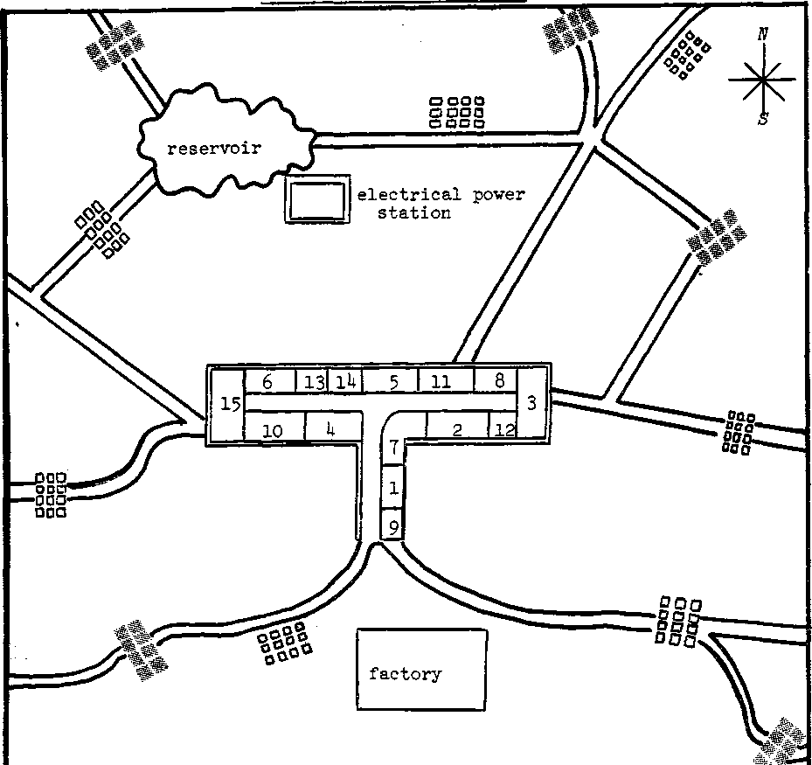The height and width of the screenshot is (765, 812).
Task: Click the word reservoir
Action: pyautogui.click(x=214, y=147)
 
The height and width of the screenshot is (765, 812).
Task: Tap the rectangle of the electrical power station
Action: pyautogui.click(x=316, y=201)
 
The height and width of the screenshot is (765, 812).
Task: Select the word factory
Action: pyautogui.click(x=405, y=673)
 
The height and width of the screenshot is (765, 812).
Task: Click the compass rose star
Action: pyautogui.click(x=763, y=79)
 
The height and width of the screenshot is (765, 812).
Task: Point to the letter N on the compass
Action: pyautogui.click(x=763, y=35)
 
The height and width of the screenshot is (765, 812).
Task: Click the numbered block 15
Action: pyautogui.click(x=228, y=405)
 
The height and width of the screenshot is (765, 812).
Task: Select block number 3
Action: pyautogui.click(x=531, y=403)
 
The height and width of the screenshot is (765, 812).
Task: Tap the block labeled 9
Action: pyautogui.click(x=393, y=526)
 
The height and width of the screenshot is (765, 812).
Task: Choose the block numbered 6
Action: pyautogui.click(x=267, y=381)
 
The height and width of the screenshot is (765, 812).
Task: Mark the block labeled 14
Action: pyautogui.click(x=345, y=381)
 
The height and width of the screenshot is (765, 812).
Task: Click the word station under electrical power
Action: pyautogui.click(x=414, y=212)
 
